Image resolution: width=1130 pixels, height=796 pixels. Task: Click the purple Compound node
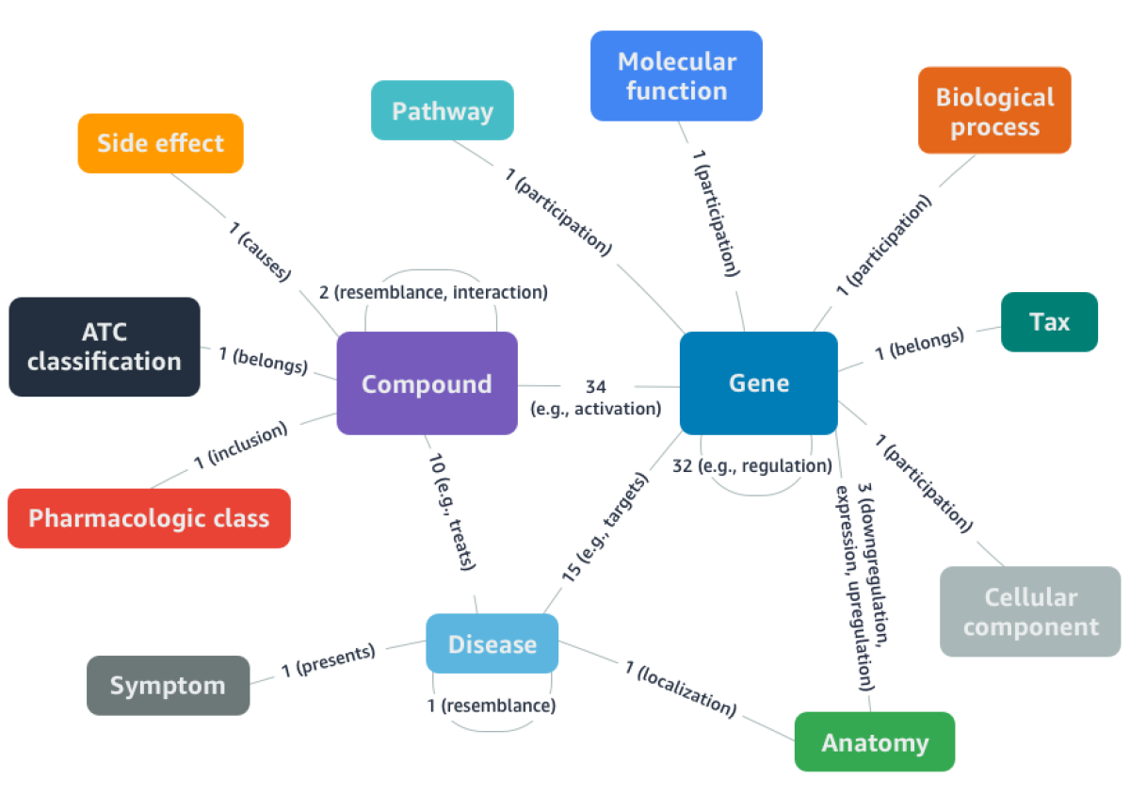(x=427, y=383)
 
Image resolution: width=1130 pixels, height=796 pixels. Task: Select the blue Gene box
(x=758, y=382)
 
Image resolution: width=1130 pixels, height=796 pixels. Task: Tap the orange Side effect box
(x=160, y=143)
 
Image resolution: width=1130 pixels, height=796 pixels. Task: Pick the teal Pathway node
(x=442, y=111)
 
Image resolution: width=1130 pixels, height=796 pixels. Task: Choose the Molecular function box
(x=676, y=76)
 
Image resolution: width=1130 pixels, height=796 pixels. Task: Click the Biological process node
(x=994, y=110)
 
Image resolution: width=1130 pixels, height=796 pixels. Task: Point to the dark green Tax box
(x=1049, y=322)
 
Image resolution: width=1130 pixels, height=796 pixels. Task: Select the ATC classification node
(x=104, y=347)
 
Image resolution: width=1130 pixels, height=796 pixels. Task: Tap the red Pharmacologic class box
(x=149, y=518)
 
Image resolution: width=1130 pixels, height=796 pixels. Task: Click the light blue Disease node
(x=492, y=644)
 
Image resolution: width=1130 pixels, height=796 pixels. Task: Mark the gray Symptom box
(x=168, y=685)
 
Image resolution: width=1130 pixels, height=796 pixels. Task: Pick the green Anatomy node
(x=874, y=742)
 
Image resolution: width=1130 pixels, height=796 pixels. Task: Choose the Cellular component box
(x=1030, y=611)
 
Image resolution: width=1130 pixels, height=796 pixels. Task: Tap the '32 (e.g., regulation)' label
(x=752, y=465)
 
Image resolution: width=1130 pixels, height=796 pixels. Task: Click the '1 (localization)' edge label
(x=679, y=687)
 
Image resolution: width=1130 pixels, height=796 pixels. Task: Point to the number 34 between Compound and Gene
(x=595, y=386)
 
